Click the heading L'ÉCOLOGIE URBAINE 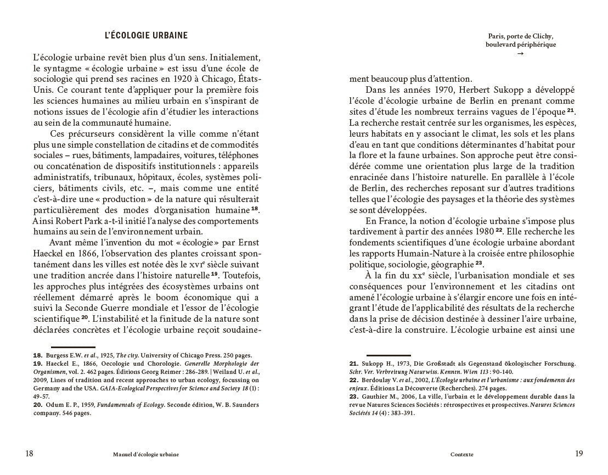[x=146, y=36]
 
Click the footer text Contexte [x=461, y=455]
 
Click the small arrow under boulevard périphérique [x=520, y=54]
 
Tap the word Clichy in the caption [x=543, y=37]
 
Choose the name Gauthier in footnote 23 [x=375, y=396]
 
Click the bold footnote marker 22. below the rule [x=354, y=380]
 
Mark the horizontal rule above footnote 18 [x=73, y=347]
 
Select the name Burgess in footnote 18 [x=57, y=355]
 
